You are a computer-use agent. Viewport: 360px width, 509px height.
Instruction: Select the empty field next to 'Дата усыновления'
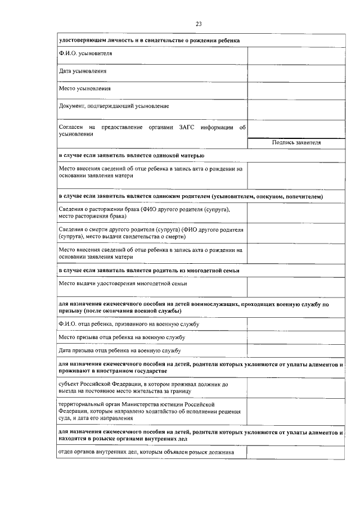(x=296, y=71)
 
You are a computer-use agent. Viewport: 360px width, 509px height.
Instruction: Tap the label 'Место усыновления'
(x=85, y=88)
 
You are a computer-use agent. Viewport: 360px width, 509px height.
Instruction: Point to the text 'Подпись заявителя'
(x=296, y=143)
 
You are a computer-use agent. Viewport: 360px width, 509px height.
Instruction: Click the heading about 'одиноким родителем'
(x=191, y=196)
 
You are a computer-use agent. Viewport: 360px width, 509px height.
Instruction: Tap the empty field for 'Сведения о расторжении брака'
(x=296, y=213)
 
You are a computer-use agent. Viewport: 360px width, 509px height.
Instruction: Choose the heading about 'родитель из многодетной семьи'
(x=149, y=271)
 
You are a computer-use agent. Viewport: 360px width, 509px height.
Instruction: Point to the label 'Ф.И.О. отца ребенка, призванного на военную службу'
(x=129, y=324)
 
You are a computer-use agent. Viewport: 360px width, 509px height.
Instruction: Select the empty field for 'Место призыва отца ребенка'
(x=296, y=337)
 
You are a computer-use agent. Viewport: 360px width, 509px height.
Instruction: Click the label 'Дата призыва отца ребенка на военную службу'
(x=119, y=351)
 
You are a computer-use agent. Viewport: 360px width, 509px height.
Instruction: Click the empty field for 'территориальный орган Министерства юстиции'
(x=296, y=411)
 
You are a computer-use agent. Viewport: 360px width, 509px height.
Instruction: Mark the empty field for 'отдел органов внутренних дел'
(x=296, y=452)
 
